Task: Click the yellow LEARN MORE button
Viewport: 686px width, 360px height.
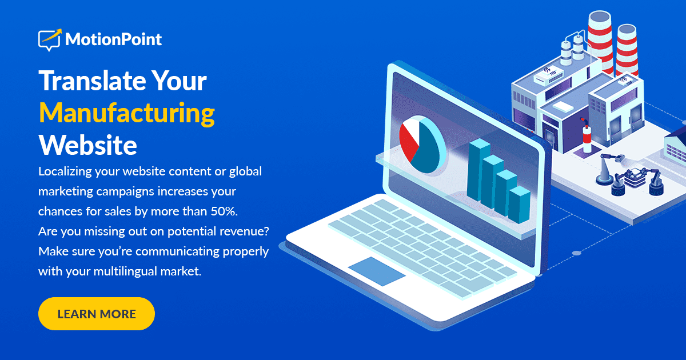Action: [96, 314]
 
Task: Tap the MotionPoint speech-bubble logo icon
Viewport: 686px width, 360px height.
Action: [49, 40]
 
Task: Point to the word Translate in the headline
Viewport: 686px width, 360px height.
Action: [82, 81]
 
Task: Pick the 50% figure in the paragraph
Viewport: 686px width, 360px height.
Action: [222, 211]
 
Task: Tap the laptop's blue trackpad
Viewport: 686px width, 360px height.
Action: [377, 271]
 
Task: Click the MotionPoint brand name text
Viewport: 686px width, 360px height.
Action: [113, 39]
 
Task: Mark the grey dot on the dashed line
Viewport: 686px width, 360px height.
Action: [576, 253]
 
